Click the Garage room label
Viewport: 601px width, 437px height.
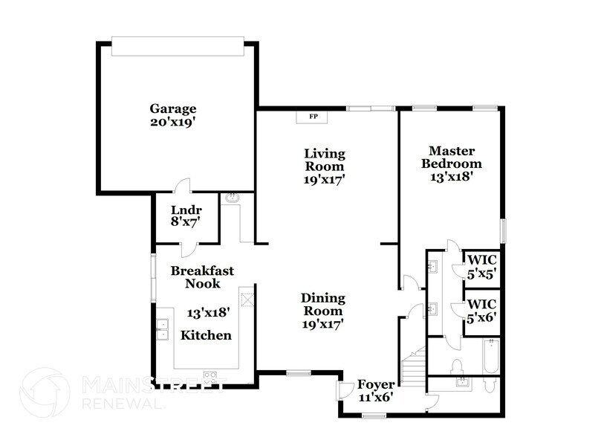173,115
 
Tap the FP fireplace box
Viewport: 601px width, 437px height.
313,117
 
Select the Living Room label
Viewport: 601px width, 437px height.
325,166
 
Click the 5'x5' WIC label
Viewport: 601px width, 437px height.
481,266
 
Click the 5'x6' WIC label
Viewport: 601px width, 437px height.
481,311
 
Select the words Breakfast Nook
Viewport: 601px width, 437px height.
201,276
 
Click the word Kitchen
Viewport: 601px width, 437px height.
206,335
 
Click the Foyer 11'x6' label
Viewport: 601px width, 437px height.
375,390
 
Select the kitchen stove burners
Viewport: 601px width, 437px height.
209,375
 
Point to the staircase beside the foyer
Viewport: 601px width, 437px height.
412,368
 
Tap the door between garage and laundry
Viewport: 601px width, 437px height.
183,187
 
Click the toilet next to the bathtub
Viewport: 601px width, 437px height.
458,366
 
